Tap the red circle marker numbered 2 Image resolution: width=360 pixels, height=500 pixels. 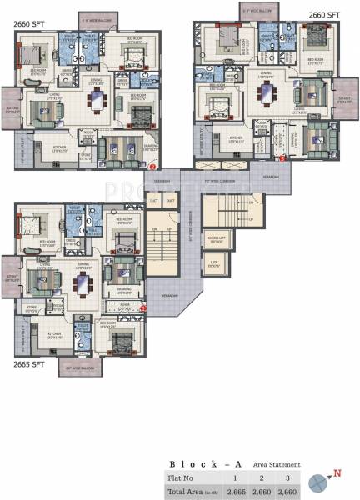click(152, 166)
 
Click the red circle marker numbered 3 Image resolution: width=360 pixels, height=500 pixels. click(282, 156)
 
